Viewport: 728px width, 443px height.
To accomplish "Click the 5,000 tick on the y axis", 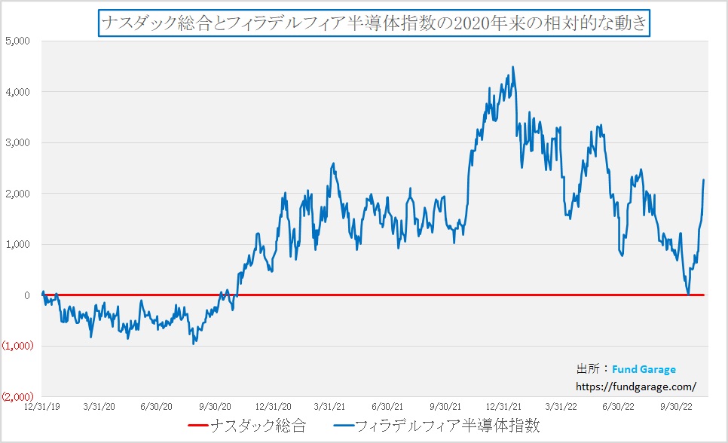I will point(16,41).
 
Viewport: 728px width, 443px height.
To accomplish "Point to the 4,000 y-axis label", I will point(16,92).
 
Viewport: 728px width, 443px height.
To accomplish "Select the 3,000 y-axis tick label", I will point(16,142).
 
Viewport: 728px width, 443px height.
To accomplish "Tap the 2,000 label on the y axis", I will point(16,194).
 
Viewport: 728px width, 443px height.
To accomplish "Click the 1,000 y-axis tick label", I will point(16,244).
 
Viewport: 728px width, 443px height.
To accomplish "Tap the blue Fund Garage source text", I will point(644,369).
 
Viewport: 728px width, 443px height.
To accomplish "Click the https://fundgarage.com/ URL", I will point(635,386).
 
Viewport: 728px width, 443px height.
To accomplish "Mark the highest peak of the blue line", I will point(513,66).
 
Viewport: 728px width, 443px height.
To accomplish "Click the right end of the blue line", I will point(703,180).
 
